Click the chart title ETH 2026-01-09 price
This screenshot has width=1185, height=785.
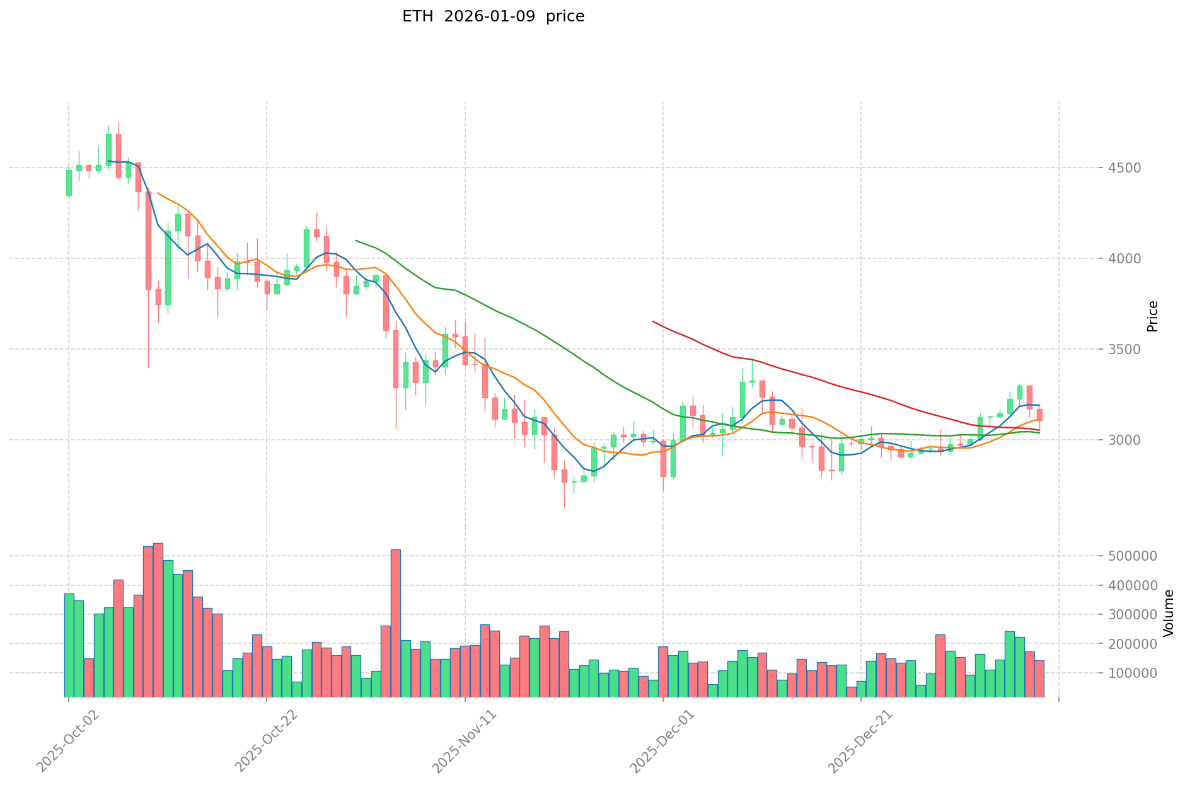tap(493, 16)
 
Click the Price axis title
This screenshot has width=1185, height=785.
tap(1152, 316)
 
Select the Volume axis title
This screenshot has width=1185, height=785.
tap(1168, 612)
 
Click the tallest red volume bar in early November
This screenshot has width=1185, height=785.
tap(396, 624)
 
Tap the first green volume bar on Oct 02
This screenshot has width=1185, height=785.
tap(69, 645)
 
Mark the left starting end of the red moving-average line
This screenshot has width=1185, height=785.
tap(653, 321)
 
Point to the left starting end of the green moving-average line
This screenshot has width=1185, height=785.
tap(356, 240)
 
